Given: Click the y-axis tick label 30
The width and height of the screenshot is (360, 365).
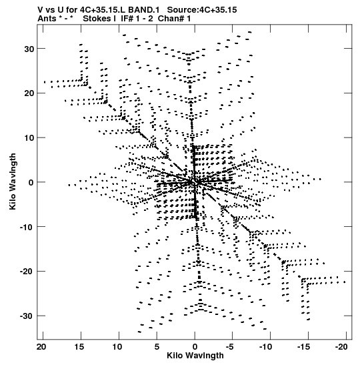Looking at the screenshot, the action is [x=29, y=49].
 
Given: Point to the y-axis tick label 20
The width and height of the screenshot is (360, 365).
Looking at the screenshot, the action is [x=29, y=93].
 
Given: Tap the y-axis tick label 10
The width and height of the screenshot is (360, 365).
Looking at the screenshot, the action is [x=29, y=138].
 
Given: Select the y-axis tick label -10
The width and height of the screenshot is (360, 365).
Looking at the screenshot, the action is [x=27, y=227].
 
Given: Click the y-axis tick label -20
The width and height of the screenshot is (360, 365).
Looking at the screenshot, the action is [x=27, y=272].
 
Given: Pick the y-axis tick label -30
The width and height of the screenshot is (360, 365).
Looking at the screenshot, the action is [x=27, y=316].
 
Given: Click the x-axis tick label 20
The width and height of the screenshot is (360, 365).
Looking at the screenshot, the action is [x=41, y=347].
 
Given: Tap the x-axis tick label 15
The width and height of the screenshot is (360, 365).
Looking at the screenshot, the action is [x=79, y=347].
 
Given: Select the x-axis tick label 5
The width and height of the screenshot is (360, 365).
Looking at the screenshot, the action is [x=157, y=347].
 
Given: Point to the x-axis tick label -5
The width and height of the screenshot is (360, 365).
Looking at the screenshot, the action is [x=230, y=347].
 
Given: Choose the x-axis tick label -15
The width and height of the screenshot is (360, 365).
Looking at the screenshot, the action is [x=303, y=347].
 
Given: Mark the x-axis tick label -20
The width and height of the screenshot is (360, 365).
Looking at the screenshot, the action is [x=341, y=347].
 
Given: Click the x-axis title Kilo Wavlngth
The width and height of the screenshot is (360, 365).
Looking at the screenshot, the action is [x=195, y=356].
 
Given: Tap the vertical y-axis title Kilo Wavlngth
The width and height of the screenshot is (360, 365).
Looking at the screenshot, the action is [x=13, y=181].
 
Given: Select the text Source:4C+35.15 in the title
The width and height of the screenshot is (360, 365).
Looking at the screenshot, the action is [x=202, y=10].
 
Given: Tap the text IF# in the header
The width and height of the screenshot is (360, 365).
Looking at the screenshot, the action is [x=127, y=19].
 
